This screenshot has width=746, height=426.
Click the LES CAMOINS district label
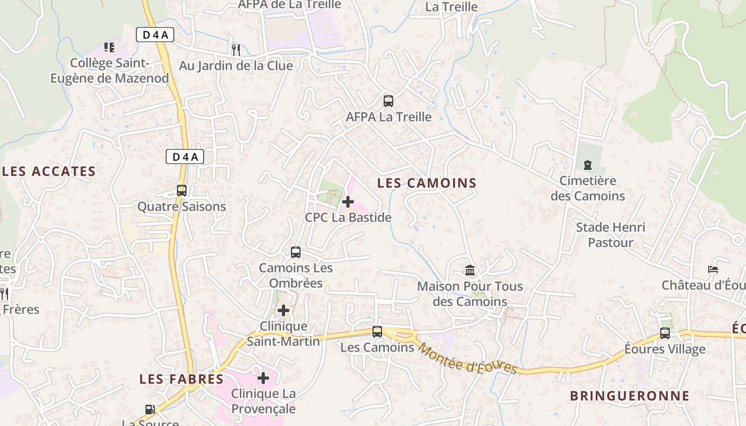point(427,183)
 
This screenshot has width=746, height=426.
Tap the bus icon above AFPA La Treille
point(388,101)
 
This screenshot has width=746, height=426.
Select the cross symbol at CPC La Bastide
point(348,202)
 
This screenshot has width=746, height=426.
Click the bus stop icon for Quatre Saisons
point(182,190)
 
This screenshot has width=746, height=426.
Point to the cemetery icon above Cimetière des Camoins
point(588,165)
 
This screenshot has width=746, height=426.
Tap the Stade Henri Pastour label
point(611,235)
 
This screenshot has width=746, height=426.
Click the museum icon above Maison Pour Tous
point(470,270)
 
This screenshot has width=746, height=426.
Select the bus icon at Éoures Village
point(665,333)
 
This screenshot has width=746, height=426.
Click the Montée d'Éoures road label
point(467,358)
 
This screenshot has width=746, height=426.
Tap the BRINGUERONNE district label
point(630,396)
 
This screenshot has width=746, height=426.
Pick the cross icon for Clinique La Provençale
point(263,378)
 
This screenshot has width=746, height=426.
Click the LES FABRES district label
point(182,379)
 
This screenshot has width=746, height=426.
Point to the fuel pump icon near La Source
point(151,409)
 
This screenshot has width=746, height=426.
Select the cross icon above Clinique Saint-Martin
point(283,310)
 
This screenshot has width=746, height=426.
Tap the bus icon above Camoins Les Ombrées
point(296,252)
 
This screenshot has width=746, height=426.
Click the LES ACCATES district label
point(49,171)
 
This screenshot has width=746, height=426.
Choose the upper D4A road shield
point(155,35)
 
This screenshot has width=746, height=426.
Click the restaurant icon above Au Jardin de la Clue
point(236,50)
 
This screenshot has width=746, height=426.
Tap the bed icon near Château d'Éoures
point(713,269)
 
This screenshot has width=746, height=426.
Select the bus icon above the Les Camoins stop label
point(377,332)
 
